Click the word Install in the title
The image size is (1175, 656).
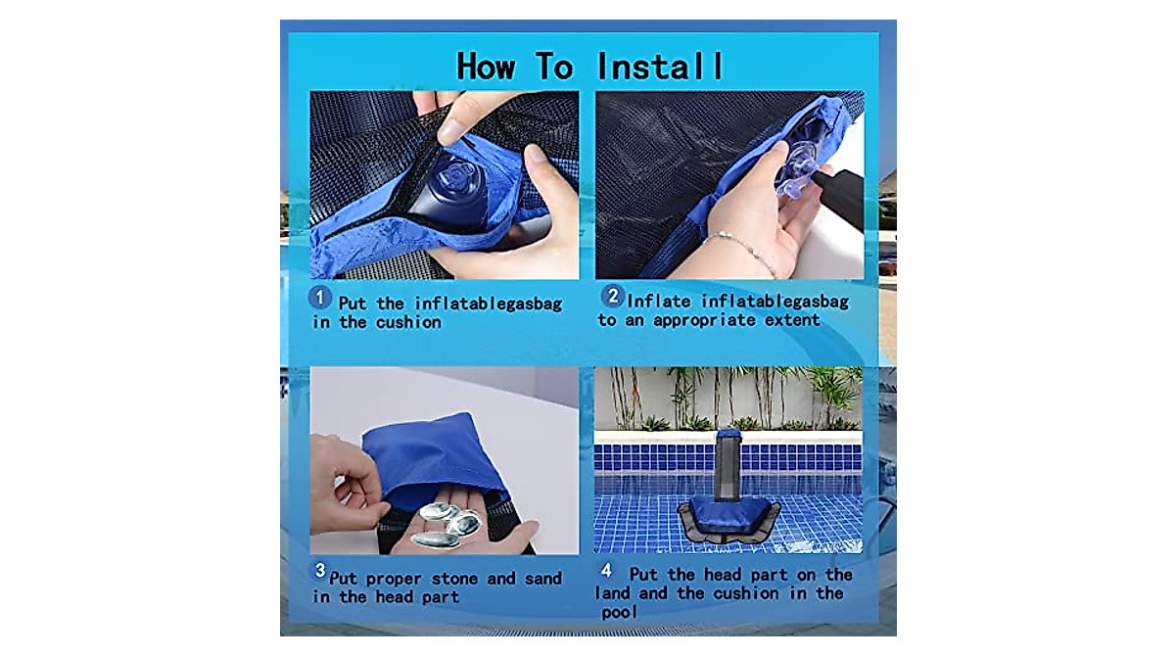click(x=660, y=67)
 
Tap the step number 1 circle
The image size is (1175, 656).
click(x=320, y=296)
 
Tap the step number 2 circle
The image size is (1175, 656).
click(x=612, y=296)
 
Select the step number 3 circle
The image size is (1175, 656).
click(x=319, y=570)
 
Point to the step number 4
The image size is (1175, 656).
click(x=606, y=570)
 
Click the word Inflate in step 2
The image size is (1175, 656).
click(x=665, y=301)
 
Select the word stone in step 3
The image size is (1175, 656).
click(x=454, y=579)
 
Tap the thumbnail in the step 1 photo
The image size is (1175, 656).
click(x=451, y=128)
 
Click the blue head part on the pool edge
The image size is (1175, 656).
click(x=729, y=436)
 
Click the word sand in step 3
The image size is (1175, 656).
click(x=529, y=579)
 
